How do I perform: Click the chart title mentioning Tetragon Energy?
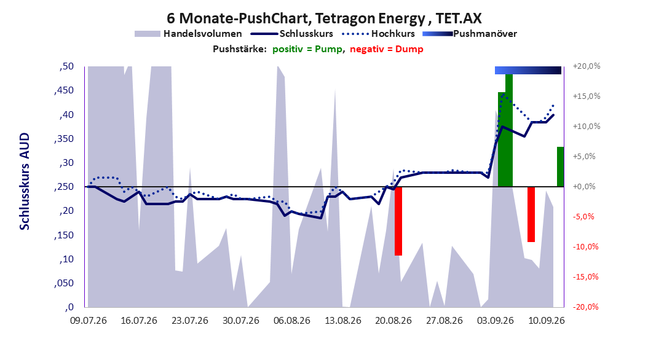324,18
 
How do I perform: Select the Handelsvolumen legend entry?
188,34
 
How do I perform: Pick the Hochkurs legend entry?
379,34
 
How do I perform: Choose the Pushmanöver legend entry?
470,34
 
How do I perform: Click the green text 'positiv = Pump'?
307,49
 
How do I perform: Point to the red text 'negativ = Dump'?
387,49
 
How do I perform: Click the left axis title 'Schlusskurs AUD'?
25,181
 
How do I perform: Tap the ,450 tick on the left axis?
64,90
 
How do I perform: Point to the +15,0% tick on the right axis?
587,96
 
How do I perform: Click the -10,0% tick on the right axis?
585,247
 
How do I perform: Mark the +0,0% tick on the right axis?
585,187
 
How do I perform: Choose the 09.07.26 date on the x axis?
89,321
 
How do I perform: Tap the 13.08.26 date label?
343,321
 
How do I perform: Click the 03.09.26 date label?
496,321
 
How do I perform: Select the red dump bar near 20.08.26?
398,221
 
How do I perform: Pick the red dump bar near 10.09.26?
531,214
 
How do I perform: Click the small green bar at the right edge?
560,166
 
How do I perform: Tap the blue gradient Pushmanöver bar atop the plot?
528,70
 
